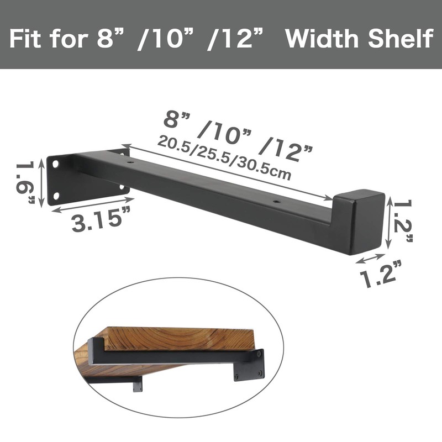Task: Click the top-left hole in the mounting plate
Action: point(56,164)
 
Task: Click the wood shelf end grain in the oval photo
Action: point(177,338)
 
